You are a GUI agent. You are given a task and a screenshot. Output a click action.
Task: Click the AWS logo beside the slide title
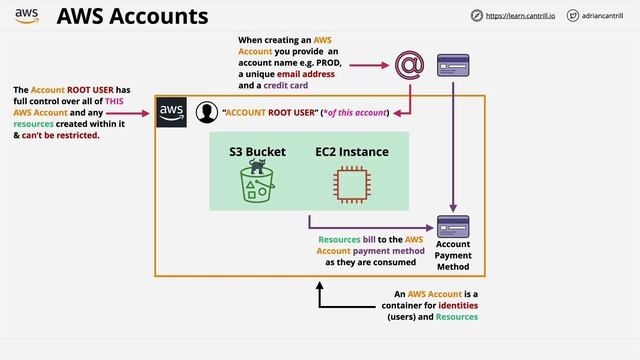[27, 16]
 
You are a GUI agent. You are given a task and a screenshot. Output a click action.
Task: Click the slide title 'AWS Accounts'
[132, 17]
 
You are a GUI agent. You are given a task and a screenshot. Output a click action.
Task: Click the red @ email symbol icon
[408, 66]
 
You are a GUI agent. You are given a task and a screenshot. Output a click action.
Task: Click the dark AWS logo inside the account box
[172, 111]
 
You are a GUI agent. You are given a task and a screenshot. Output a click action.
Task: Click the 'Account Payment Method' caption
[453, 256]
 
